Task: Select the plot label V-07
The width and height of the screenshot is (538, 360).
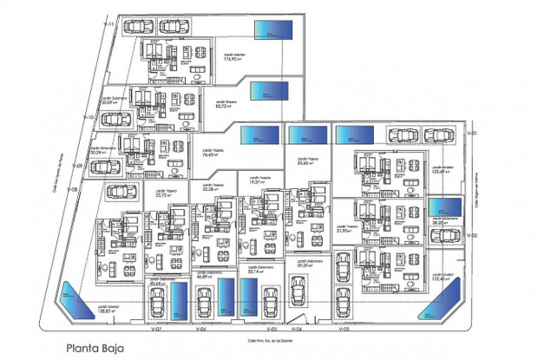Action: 156,331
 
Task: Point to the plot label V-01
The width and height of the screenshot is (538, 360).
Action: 473,134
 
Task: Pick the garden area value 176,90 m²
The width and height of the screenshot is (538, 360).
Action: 233,60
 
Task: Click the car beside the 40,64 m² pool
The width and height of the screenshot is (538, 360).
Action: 159,304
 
